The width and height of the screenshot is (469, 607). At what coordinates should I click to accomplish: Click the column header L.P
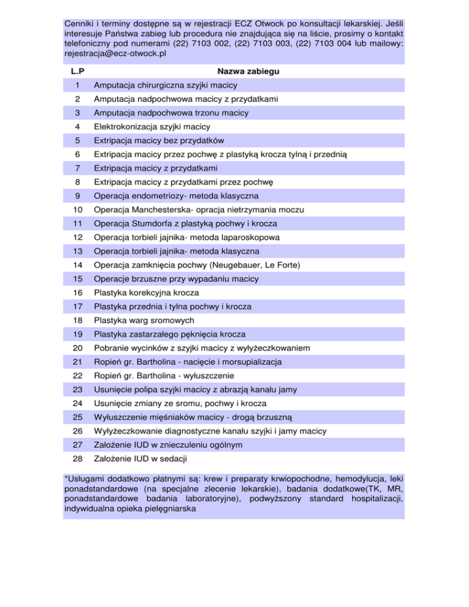78,71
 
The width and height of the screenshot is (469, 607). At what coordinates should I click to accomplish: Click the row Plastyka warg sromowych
144,320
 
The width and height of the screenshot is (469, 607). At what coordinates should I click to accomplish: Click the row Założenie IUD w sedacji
144,458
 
